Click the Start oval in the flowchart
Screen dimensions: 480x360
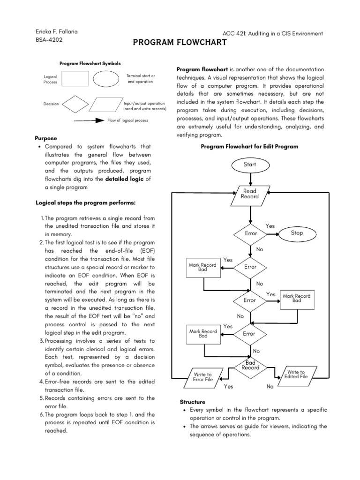pos(250,165)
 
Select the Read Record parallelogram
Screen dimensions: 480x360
pos(250,194)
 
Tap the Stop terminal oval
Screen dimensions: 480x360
pos(297,233)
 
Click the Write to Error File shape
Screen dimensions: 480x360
pos(202,377)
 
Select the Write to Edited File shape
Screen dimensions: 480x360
pos(296,374)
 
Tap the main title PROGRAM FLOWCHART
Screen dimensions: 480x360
pos(180,43)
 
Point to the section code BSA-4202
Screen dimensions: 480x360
pos(49,40)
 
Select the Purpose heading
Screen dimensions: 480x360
pos(46,138)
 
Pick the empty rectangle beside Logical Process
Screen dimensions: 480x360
pos(75,79)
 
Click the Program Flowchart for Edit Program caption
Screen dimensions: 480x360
pos(249,147)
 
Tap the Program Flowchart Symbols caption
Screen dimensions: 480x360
pos(90,63)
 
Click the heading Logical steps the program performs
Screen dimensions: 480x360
pos(86,202)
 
